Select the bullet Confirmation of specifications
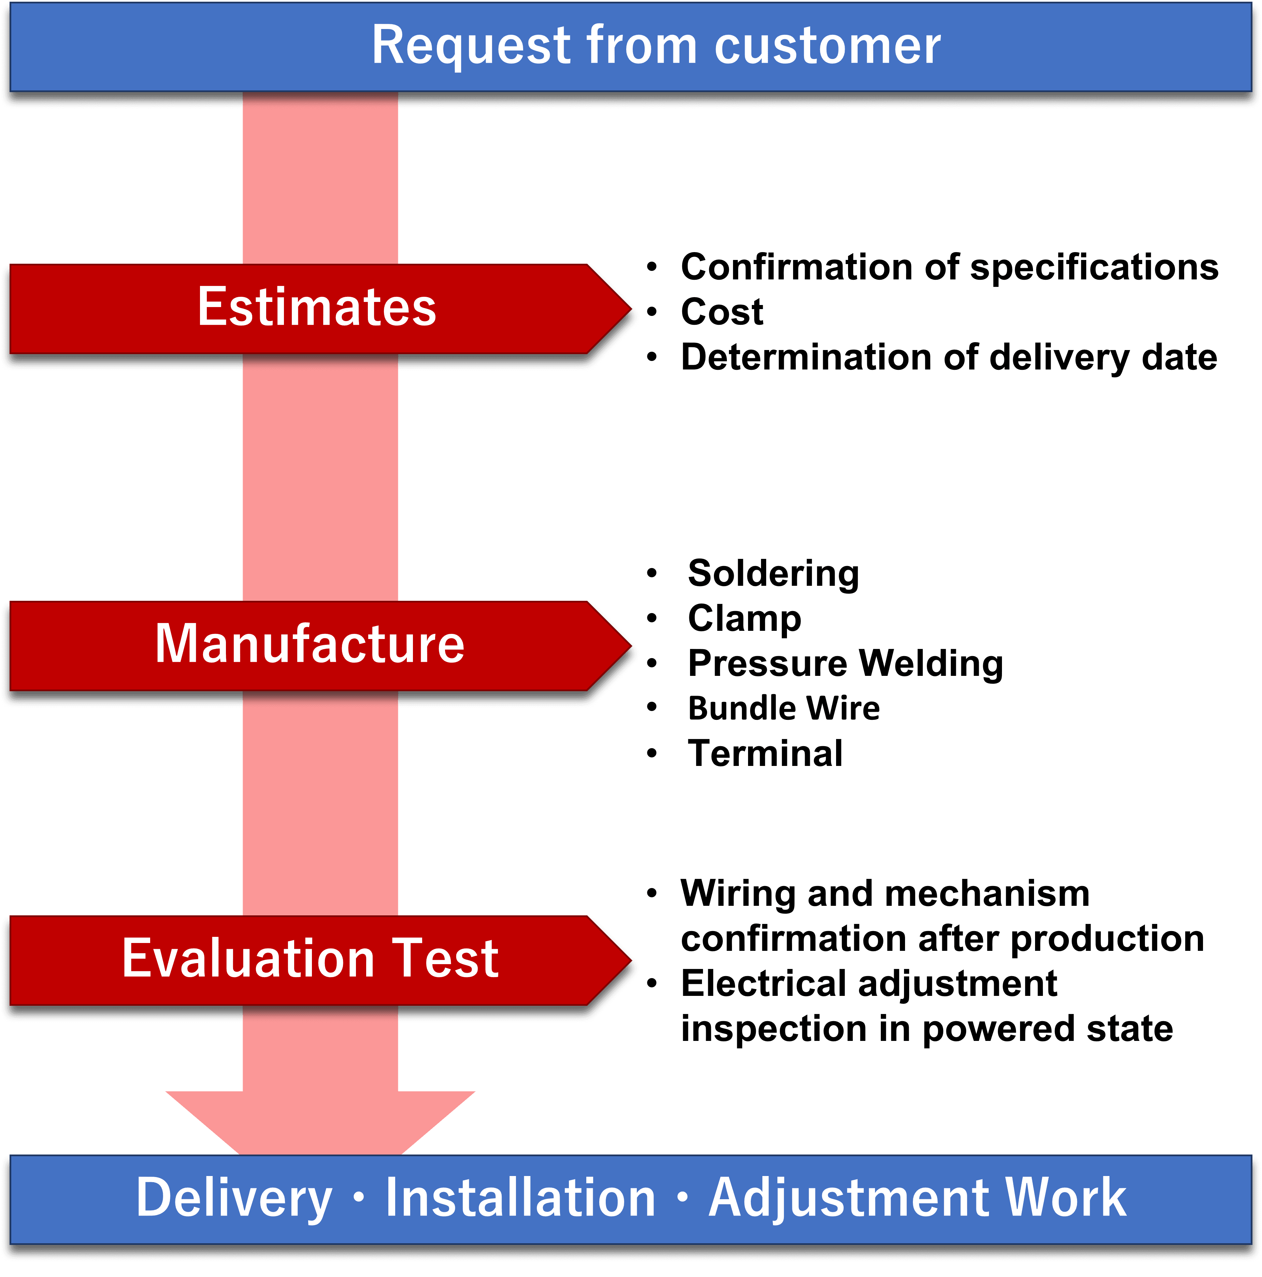[x=949, y=267]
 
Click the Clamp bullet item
[x=744, y=618]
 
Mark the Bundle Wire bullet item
[x=784, y=708]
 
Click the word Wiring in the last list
[x=738, y=894]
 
